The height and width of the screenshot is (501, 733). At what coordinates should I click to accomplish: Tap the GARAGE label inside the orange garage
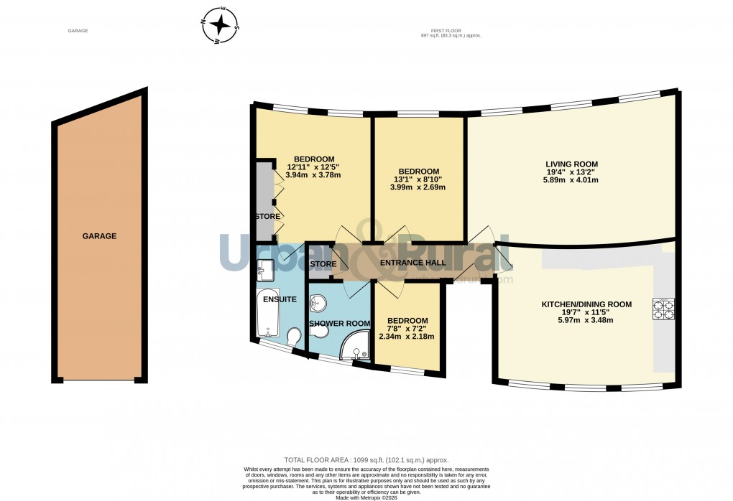click(x=99, y=236)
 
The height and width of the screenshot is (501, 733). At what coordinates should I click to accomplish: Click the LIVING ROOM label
click(x=571, y=164)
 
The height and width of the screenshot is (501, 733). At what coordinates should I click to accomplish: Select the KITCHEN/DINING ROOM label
click(x=586, y=304)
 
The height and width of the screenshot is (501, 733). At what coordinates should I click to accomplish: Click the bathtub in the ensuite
click(x=268, y=315)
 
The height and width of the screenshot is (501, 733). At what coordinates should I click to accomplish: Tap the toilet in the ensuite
click(x=293, y=337)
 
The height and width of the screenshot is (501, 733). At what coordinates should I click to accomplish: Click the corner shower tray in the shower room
click(x=356, y=349)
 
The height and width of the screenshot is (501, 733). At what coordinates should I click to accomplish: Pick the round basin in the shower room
click(x=319, y=302)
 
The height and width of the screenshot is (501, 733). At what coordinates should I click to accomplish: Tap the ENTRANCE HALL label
click(x=412, y=263)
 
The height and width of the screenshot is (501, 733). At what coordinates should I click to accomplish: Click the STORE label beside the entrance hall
click(x=323, y=264)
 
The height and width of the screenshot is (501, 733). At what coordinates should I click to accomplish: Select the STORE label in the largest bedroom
click(x=267, y=216)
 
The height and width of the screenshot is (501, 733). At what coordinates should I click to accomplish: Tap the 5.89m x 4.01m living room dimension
click(x=571, y=180)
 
